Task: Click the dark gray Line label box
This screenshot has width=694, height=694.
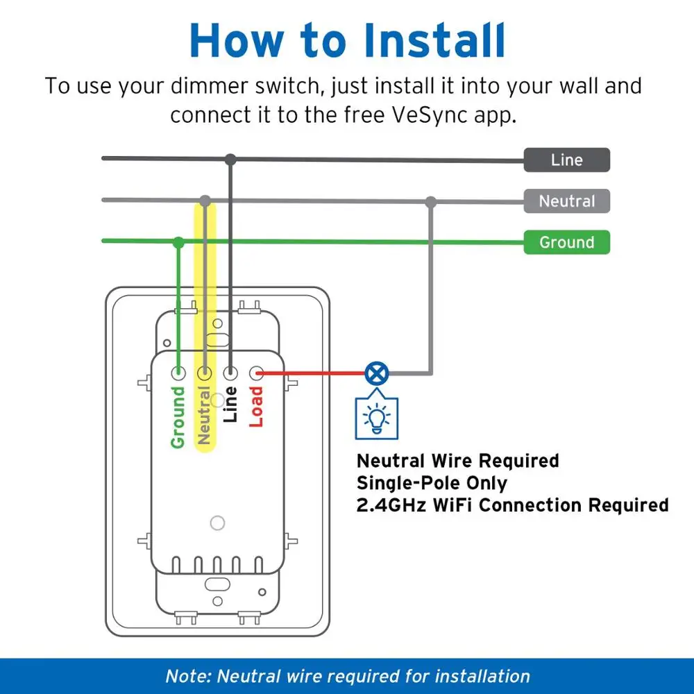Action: coord(566,160)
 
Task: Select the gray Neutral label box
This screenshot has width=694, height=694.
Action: coord(566,201)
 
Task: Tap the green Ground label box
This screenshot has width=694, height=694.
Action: coord(566,242)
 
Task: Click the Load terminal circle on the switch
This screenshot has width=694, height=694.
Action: coord(257,373)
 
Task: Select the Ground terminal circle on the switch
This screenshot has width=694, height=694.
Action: coord(178,373)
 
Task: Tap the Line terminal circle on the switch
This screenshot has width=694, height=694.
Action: coord(230,373)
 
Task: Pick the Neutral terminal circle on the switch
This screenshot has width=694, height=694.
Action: coord(205,373)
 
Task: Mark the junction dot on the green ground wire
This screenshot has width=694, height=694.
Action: coord(178,242)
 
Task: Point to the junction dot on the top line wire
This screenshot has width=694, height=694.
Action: coord(230,160)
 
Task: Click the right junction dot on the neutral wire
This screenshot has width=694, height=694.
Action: coord(431,202)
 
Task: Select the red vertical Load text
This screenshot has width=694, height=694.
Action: coord(257,407)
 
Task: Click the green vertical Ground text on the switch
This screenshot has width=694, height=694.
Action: coord(178,416)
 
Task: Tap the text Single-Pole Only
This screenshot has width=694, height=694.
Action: coord(431,483)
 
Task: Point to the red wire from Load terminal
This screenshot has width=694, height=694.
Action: coord(312,374)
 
